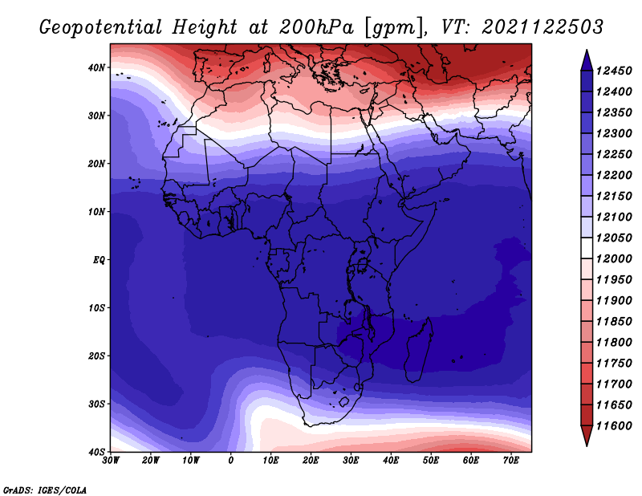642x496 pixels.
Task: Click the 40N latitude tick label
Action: [x=96, y=67]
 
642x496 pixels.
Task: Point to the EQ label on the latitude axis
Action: [x=99, y=260]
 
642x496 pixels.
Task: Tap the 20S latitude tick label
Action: [x=96, y=356]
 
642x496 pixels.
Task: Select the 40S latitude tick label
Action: [x=96, y=452]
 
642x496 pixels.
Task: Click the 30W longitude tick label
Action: [x=111, y=461]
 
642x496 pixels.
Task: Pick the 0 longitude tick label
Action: [x=231, y=461]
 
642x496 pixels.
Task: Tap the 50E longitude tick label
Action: [x=431, y=461]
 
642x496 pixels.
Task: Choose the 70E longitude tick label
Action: [x=511, y=461]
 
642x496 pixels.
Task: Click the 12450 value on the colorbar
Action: [x=614, y=71]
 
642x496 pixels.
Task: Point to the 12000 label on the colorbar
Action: [x=614, y=259]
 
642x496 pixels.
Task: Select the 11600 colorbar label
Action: [x=614, y=426]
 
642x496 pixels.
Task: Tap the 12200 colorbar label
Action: [x=614, y=175]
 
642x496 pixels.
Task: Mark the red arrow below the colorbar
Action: [x=587, y=434]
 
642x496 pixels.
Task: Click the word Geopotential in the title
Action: [x=101, y=27]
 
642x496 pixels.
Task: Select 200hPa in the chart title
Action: [x=316, y=27]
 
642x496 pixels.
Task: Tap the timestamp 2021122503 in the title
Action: [x=542, y=27]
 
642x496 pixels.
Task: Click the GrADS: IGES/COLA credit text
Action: [x=45, y=490]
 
